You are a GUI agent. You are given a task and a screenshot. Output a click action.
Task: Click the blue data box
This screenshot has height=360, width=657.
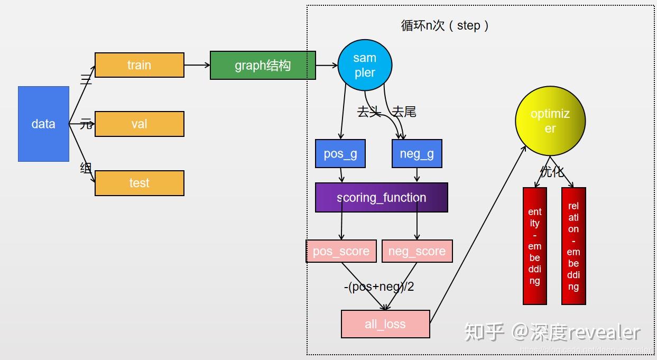(x=43, y=124)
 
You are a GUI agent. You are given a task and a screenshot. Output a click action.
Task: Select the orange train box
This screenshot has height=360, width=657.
(x=140, y=65)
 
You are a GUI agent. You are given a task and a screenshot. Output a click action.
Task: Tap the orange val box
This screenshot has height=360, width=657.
(x=140, y=124)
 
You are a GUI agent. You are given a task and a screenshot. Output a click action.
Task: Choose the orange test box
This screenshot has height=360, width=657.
(x=140, y=183)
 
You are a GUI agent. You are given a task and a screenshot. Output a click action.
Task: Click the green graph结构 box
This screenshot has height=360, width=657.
(x=263, y=65)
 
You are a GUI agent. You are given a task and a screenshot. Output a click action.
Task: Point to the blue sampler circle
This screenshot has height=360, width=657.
(x=365, y=65)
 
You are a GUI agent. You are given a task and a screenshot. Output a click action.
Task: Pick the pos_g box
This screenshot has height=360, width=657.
(x=340, y=154)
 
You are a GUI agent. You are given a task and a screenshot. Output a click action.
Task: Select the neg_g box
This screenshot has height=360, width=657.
(x=417, y=154)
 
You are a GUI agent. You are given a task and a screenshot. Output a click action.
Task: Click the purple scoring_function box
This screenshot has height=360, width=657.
(x=381, y=198)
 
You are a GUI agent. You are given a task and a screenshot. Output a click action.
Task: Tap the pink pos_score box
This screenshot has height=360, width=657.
(x=341, y=251)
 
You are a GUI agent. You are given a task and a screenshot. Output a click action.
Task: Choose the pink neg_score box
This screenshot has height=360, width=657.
(x=417, y=251)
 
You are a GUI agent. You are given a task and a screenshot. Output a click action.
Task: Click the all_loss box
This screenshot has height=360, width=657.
(x=385, y=324)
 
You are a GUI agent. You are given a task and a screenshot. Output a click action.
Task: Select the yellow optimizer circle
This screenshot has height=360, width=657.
(x=550, y=121)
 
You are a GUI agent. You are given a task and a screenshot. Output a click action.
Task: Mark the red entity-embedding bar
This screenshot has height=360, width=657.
(x=535, y=246)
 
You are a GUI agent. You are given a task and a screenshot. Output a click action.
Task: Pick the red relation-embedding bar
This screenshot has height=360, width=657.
(x=573, y=246)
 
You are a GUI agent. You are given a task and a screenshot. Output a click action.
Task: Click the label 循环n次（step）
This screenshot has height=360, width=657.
(x=445, y=25)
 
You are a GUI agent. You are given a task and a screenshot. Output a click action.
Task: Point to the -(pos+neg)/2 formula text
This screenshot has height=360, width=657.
(x=379, y=287)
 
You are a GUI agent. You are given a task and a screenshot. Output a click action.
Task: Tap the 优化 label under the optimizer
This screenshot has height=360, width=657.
(x=552, y=172)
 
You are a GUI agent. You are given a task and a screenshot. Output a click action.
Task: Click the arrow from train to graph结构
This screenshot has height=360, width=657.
(x=197, y=65)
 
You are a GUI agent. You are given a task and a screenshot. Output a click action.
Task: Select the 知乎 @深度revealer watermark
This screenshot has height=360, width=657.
(x=552, y=331)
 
